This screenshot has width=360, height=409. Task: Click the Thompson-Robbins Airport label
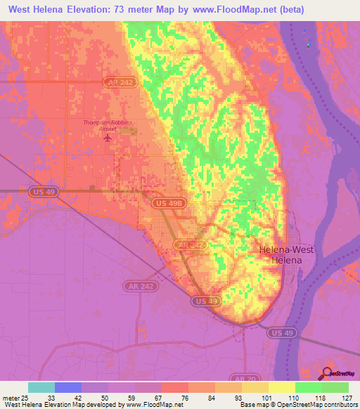[108, 125]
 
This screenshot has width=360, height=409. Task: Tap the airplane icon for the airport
[108, 137]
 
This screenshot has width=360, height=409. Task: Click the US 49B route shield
[169, 202]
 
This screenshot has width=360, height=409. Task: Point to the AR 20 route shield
[247, 377]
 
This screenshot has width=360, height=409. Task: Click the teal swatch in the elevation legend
[41, 387]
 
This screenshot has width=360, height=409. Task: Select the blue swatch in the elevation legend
[68, 387]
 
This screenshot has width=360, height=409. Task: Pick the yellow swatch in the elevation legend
[281, 387]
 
